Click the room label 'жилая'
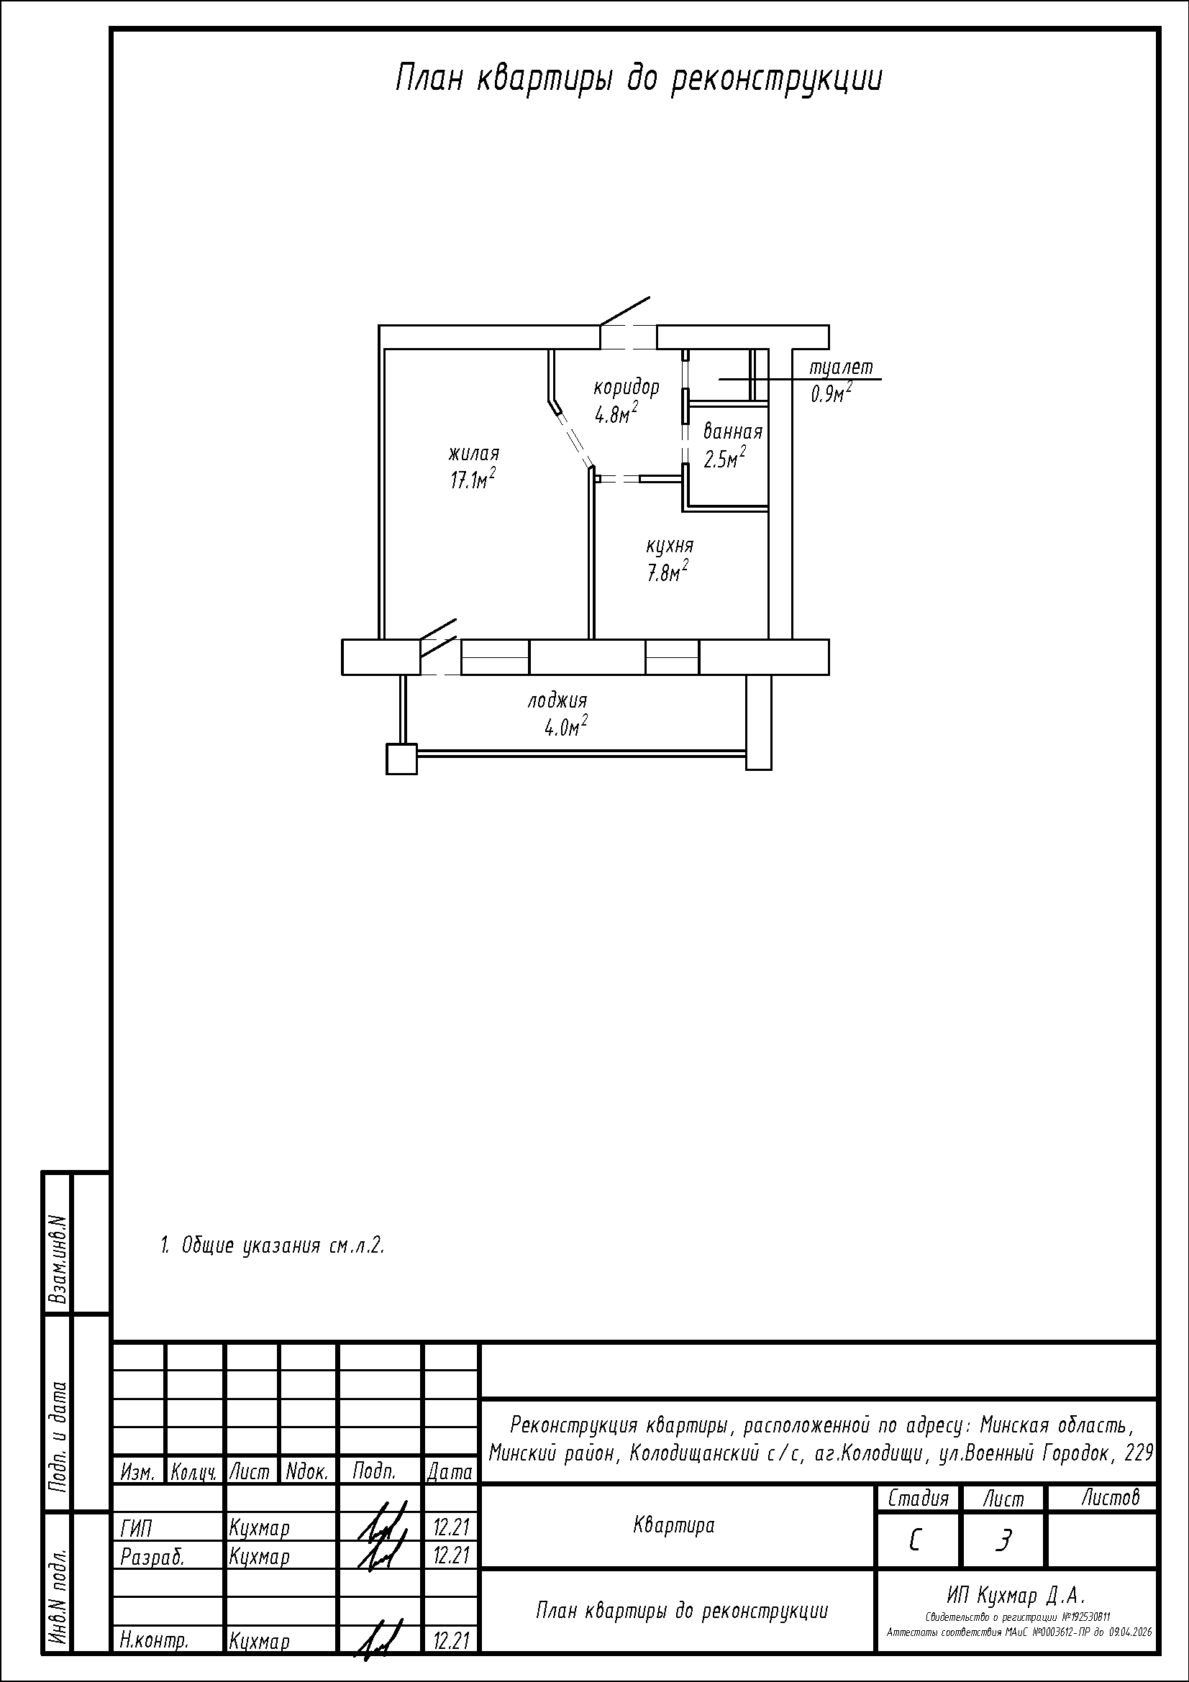click(x=474, y=454)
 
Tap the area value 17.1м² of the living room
click(x=473, y=479)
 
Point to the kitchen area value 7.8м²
click(x=667, y=572)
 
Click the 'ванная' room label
click(x=732, y=431)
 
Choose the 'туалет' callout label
click(x=842, y=367)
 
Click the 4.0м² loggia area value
click(x=566, y=728)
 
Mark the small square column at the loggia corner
click(x=401, y=759)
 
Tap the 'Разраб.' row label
click(x=152, y=1557)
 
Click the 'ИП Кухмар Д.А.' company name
click(x=1016, y=1596)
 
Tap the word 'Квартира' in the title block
click(x=673, y=1526)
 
